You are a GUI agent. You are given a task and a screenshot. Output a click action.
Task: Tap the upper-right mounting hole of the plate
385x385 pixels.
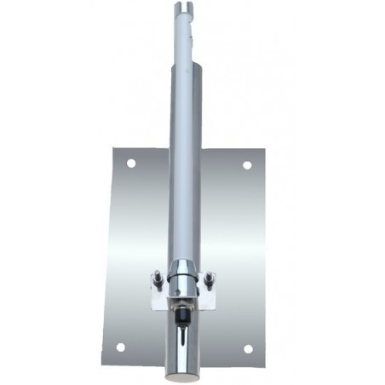pos(247,164)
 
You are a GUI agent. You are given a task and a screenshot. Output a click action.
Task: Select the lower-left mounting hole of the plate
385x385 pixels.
pos(120,347)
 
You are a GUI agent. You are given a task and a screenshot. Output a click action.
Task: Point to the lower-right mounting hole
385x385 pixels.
pos(248,348)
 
